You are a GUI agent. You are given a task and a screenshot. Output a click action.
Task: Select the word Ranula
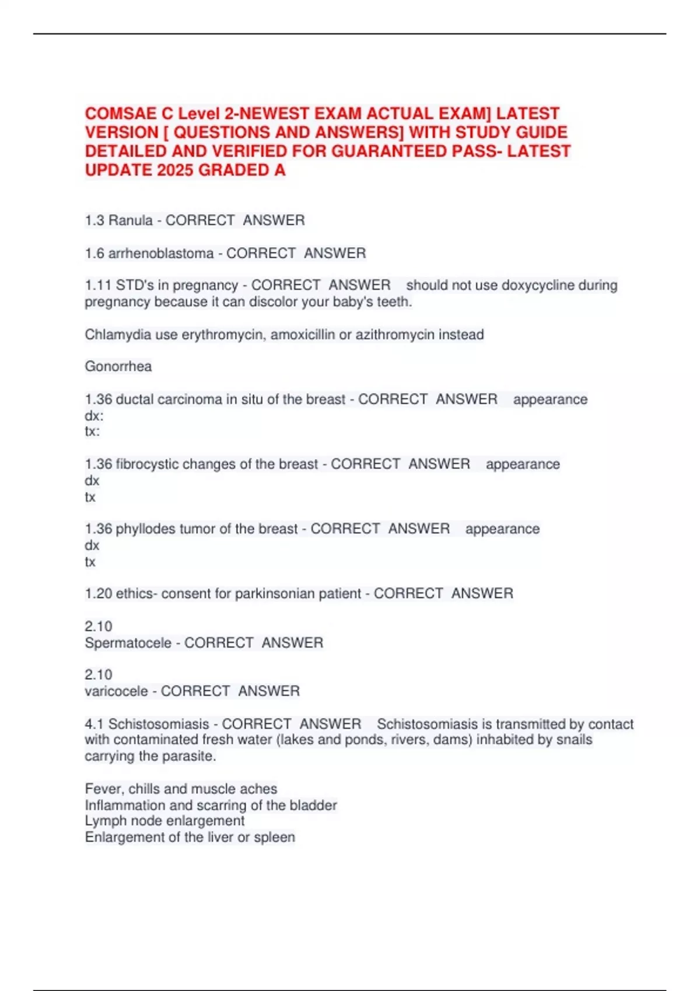[x=131, y=220]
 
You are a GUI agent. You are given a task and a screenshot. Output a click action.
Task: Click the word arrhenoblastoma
[x=161, y=254]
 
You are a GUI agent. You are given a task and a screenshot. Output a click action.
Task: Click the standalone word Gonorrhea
[x=118, y=367]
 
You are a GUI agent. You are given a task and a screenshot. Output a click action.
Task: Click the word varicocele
[x=116, y=691]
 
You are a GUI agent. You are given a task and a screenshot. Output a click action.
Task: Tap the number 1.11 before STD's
[x=97, y=286]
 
